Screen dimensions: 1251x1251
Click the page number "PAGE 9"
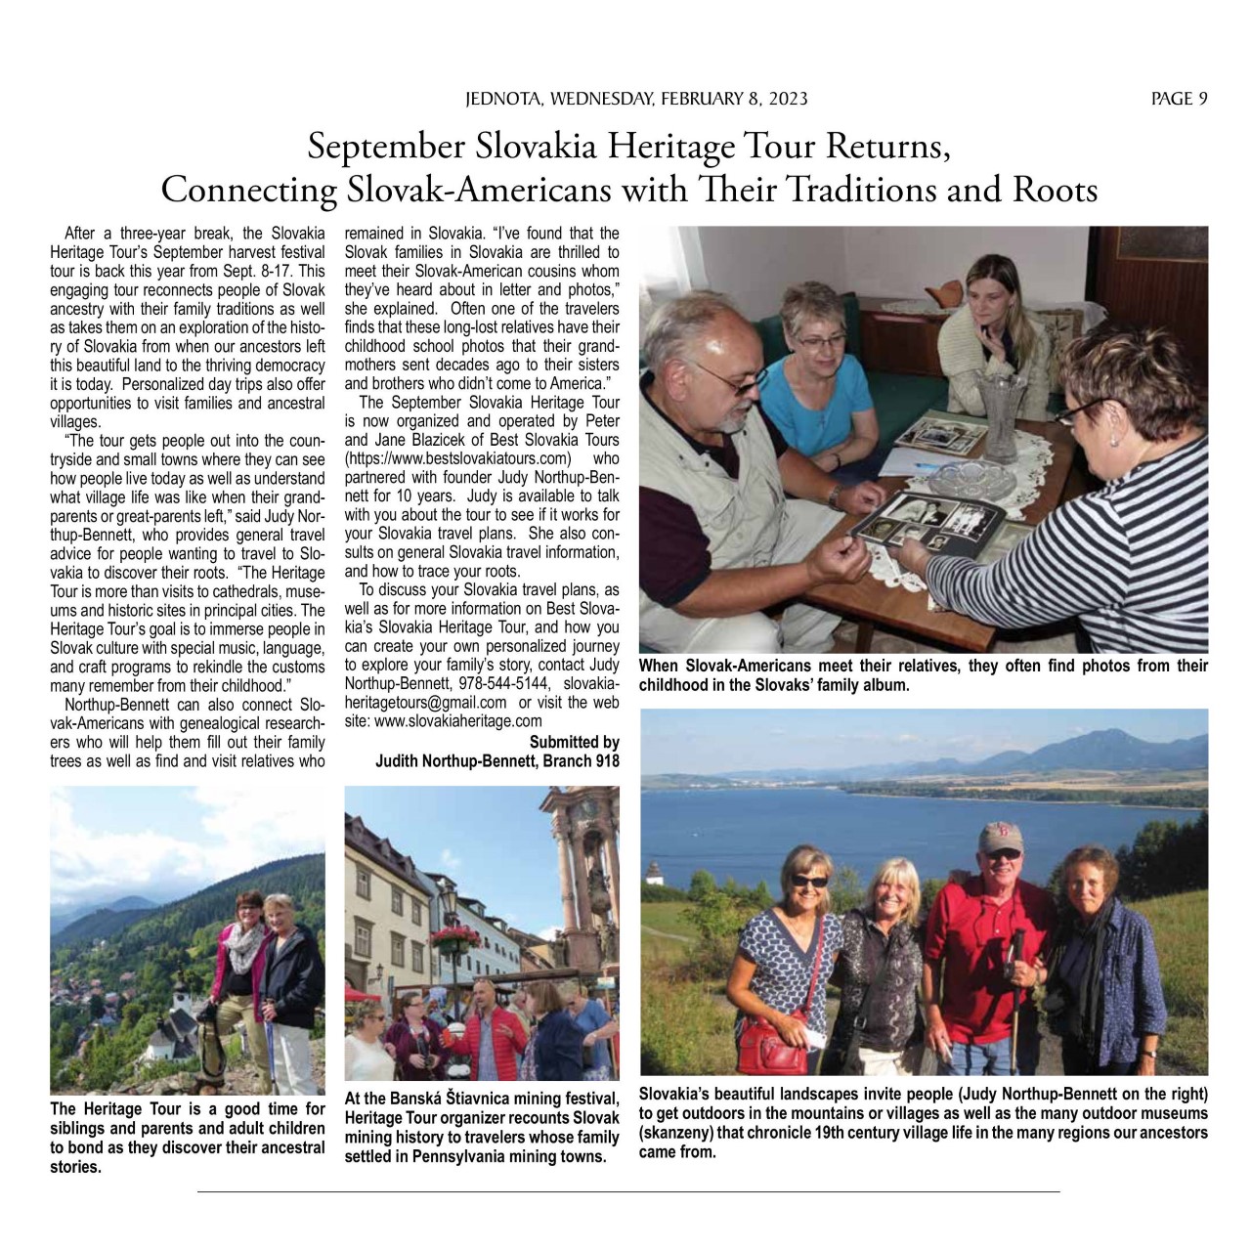(1179, 98)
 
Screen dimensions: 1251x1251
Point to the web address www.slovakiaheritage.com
(458, 720)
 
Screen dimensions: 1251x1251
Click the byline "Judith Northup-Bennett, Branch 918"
(497, 760)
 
